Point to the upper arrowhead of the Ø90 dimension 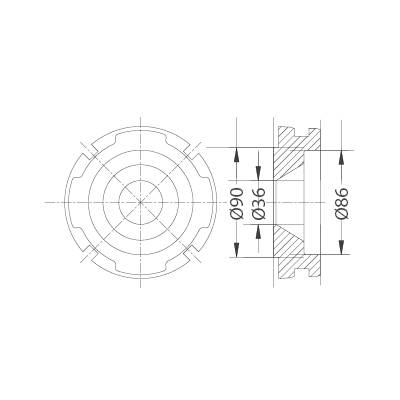coord(237,153)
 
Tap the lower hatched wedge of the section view coord(291,245)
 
